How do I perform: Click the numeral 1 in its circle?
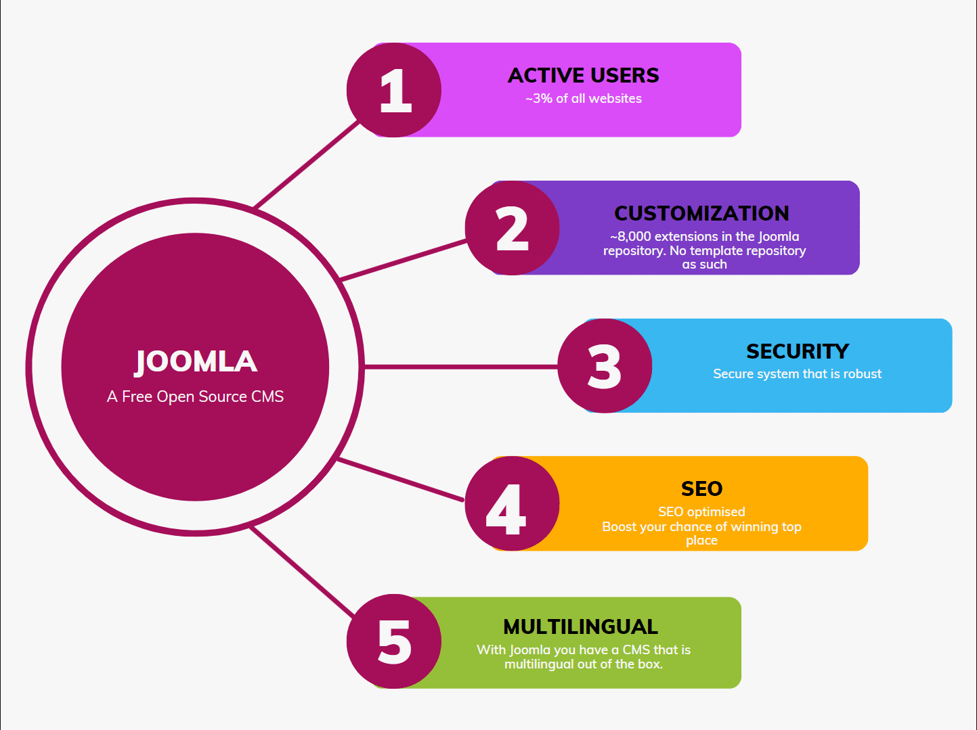click(394, 90)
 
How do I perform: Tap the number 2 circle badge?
click(512, 228)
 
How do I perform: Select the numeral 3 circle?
click(605, 366)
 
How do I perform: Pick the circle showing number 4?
click(512, 504)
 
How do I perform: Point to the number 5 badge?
click(394, 641)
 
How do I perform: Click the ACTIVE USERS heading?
click(584, 75)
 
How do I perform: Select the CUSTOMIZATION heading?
click(701, 213)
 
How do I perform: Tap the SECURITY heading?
click(798, 351)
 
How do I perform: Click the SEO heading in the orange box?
click(701, 488)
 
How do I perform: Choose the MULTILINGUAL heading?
click(581, 626)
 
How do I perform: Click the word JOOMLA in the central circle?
click(196, 361)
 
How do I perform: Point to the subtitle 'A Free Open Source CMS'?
click(195, 396)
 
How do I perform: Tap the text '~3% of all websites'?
click(584, 99)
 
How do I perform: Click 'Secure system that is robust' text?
click(798, 374)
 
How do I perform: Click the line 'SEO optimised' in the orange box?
click(701, 512)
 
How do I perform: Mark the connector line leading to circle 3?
click(460, 367)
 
